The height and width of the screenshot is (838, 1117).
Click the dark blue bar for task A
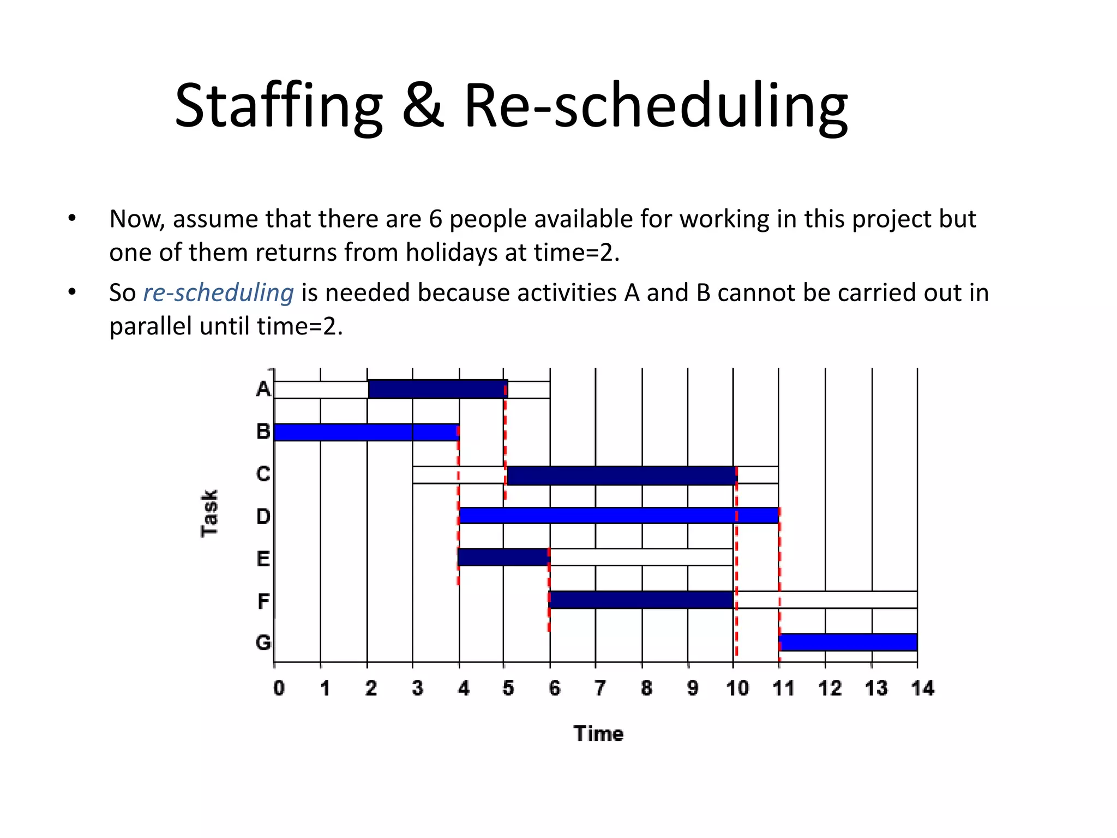pyautogui.click(x=437, y=389)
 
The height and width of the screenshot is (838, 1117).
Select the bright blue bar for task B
pyautogui.click(x=366, y=432)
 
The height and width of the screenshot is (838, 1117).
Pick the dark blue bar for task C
pyautogui.click(x=622, y=475)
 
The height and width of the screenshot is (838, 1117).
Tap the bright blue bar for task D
pyautogui.click(x=618, y=516)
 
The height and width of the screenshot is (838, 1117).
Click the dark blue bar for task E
pyautogui.click(x=503, y=557)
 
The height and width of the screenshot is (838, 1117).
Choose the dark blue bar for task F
pyautogui.click(x=641, y=600)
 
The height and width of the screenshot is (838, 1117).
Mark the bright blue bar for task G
pyautogui.click(x=848, y=642)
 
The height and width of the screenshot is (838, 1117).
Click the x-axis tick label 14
pyautogui.click(x=922, y=689)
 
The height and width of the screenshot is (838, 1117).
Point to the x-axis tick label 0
pyautogui.click(x=279, y=689)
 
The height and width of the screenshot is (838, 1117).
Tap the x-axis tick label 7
pyautogui.click(x=600, y=689)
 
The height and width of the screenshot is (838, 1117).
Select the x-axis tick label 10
pyautogui.click(x=737, y=689)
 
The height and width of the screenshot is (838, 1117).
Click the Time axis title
pyautogui.click(x=598, y=734)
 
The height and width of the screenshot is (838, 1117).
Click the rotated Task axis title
pyautogui.click(x=210, y=513)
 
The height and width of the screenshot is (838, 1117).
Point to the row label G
pyautogui.click(x=263, y=643)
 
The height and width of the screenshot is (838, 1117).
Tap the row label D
pyautogui.click(x=263, y=516)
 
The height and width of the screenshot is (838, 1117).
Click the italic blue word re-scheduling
pyautogui.click(x=218, y=293)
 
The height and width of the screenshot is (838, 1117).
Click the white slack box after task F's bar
pyautogui.click(x=826, y=600)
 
